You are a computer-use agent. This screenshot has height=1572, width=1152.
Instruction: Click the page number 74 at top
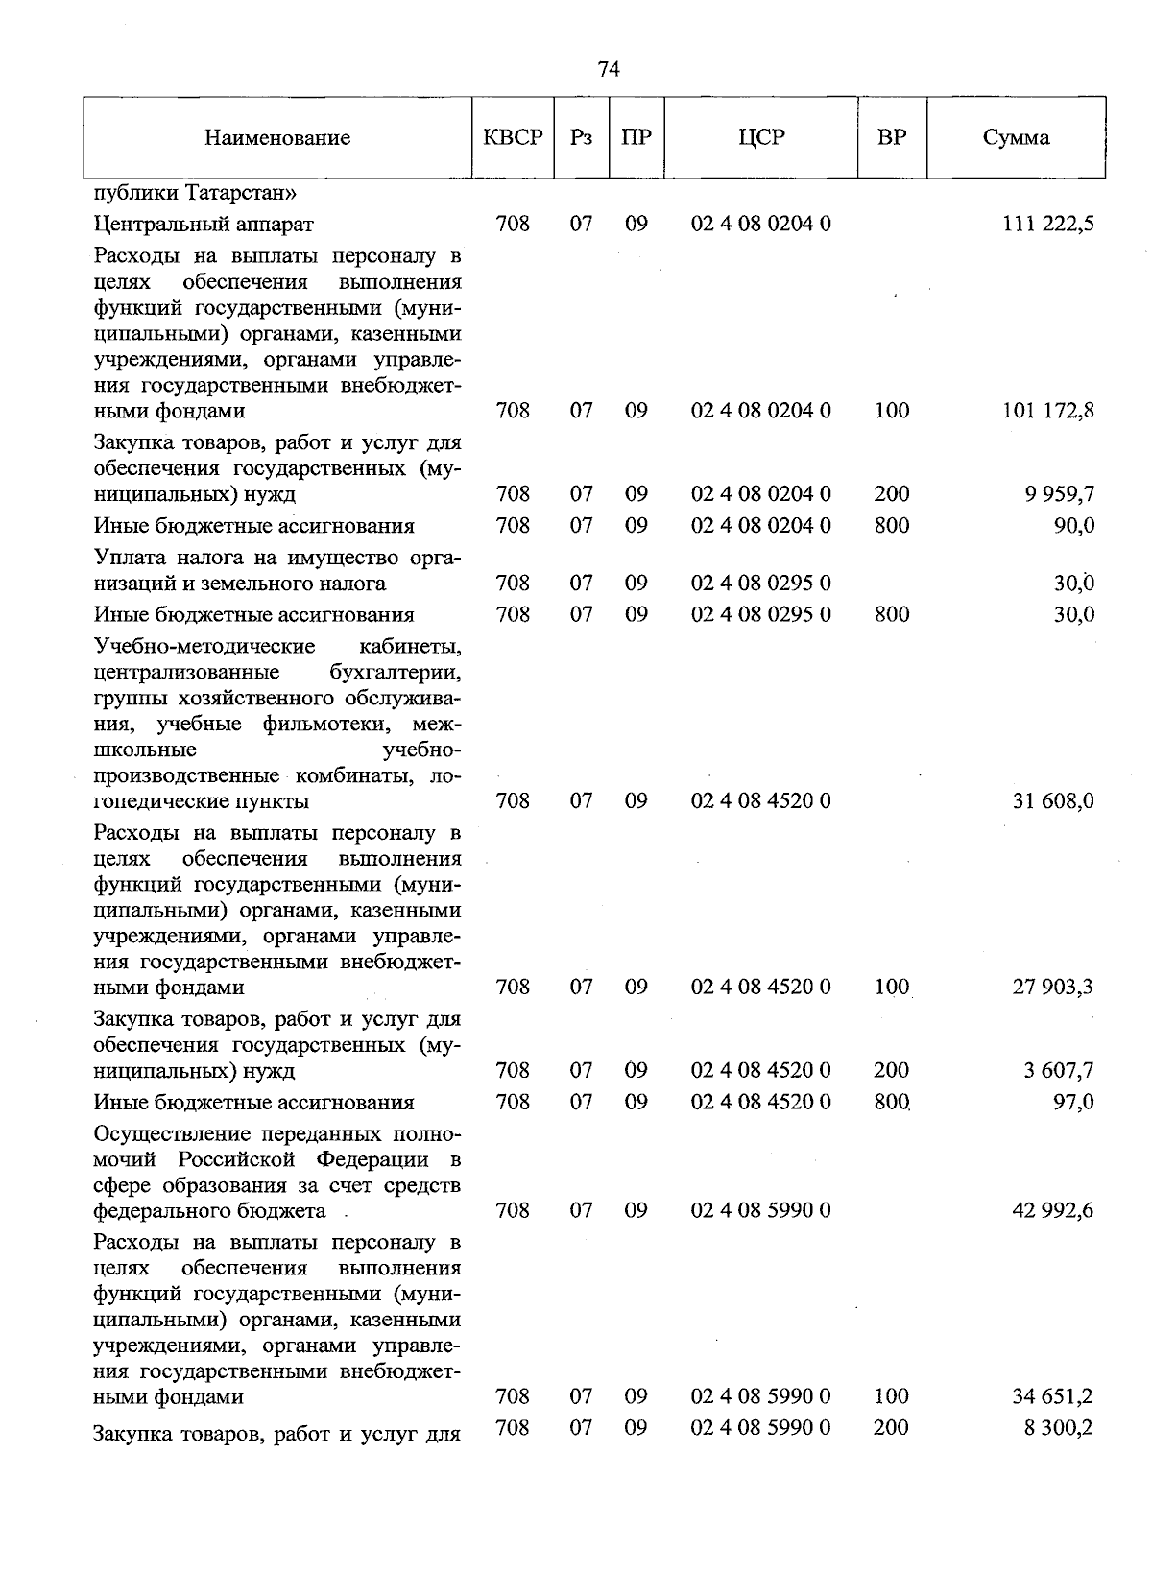point(609,69)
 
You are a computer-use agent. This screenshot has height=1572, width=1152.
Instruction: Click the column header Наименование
point(277,138)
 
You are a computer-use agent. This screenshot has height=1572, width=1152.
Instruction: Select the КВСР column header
point(514,137)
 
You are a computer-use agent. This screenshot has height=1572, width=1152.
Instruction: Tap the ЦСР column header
point(761,137)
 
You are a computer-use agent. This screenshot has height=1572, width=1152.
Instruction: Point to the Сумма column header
point(1016,137)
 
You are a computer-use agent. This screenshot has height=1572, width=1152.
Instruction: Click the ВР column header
point(892,137)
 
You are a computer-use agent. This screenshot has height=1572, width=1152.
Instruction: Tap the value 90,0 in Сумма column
point(1074,526)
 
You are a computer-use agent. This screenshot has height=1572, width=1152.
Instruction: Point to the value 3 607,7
point(1059,1071)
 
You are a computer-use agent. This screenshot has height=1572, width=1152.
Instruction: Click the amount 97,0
point(1074,1103)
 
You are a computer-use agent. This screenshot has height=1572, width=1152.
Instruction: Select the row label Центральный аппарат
point(204,225)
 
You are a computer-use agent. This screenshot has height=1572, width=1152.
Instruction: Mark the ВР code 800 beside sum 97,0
point(892,1103)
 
